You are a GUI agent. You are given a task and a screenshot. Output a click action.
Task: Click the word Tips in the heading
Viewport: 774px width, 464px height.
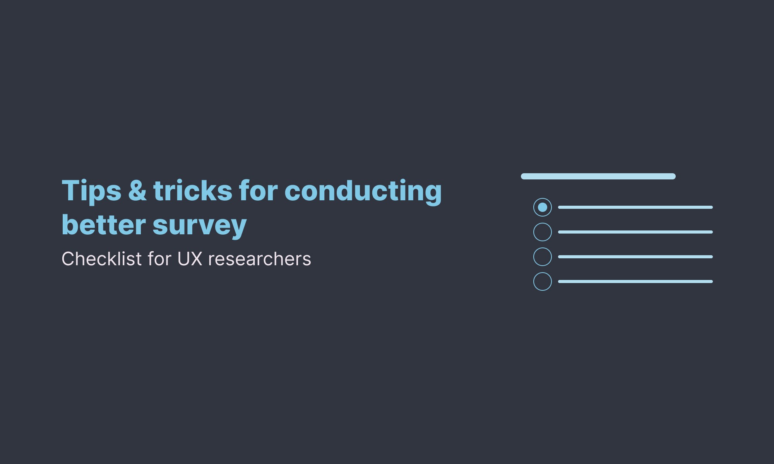click(91, 191)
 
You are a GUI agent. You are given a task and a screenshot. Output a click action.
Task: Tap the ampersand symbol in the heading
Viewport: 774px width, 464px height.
click(137, 191)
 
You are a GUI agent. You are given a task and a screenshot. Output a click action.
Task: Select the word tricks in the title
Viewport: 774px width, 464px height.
click(193, 191)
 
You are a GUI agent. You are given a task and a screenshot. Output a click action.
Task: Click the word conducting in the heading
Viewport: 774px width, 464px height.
click(363, 191)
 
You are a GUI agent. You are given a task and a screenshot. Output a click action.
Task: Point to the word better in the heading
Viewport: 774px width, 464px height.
click(104, 225)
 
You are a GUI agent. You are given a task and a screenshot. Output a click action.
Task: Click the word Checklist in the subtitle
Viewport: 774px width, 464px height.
click(101, 259)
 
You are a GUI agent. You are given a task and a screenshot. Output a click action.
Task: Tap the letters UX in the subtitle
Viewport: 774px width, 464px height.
click(190, 259)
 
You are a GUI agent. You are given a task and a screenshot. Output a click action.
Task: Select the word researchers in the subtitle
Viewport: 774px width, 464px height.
click(259, 259)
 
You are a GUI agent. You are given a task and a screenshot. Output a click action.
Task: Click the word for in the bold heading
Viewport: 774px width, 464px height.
click(258, 191)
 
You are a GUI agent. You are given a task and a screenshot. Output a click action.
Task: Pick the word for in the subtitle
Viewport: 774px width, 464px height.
click(159, 259)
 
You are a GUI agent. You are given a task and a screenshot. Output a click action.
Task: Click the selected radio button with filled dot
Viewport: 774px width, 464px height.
click(543, 207)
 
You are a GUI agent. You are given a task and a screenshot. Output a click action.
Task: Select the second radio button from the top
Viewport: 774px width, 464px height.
click(543, 232)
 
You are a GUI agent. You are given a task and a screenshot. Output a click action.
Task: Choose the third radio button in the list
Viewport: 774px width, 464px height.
click(543, 257)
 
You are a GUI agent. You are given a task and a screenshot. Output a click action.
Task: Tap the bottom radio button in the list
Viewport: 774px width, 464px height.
click(543, 281)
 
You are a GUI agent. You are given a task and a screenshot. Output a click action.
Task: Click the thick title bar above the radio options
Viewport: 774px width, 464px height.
click(598, 176)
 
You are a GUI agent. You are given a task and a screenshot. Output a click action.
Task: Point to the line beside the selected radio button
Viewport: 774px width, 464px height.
click(635, 207)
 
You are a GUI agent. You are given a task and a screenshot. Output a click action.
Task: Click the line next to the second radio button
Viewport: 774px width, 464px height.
click(635, 232)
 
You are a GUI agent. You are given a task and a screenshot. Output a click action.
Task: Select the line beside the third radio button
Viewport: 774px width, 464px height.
click(635, 257)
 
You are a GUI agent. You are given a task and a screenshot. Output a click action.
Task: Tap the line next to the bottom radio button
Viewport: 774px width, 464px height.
click(635, 281)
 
